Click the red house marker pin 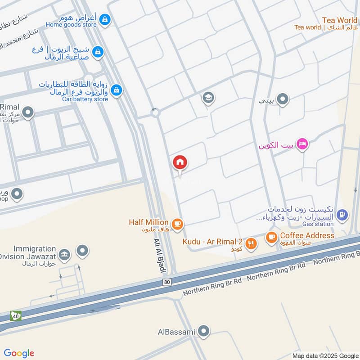(x=180, y=163)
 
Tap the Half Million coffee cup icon (x=178, y=224)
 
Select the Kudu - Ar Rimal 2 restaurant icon (x=251, y=243)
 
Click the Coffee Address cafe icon (x=271, y=237)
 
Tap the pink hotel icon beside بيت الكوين (x=303, y=144)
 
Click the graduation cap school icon (x=207, y=98)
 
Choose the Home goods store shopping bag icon (x=105, y=20)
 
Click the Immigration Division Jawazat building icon (x=64, y=255)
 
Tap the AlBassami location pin (x=204, y=332)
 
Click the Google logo (x=19, y=353)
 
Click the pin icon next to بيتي (x=282, y=99)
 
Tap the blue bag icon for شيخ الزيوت (x=97, y=53)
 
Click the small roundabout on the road (x=155, y=113)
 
